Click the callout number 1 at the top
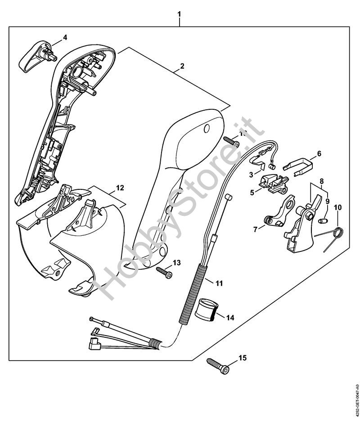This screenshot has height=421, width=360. (x=180, y=14)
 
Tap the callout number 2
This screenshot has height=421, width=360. (x=181, y=66)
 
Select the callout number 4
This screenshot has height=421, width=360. (x=65, y=37)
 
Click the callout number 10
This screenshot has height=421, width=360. (x=337, y=207)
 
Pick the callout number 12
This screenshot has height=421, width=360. (x=119, y=187)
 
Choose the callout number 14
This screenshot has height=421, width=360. (x=230, y=318)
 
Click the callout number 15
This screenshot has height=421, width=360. (x=243, y=358)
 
